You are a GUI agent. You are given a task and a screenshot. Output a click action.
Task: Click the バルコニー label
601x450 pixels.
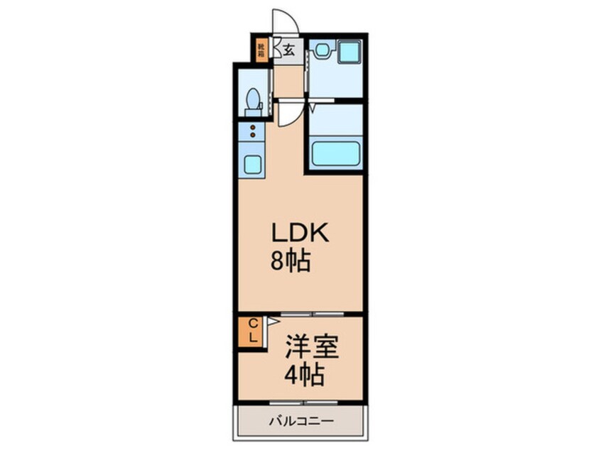[x=300, y=420]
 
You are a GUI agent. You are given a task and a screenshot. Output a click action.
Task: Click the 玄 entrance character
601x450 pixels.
[x=290, y=50]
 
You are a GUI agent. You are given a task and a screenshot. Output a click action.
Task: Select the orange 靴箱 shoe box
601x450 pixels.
[x=261, y=50]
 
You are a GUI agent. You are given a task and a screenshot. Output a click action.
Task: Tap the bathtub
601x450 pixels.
[x=335, y=154]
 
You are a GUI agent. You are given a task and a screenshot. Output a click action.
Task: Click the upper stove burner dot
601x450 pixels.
[x=252, y=128]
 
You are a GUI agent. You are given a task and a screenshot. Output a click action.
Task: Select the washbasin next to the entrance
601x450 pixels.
[x=323, y=50]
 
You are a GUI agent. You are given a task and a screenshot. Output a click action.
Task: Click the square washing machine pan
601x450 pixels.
[x=348, y=52]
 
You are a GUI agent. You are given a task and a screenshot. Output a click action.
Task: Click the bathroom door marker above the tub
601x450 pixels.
[x=312, y=108]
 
